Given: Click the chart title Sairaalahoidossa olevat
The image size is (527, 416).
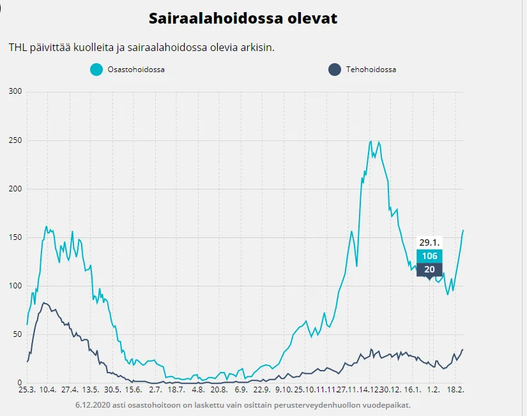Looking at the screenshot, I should [243, 19].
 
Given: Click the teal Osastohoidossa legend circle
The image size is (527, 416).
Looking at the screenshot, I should [96, 70].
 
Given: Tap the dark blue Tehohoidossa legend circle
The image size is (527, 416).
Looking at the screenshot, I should [334, 70].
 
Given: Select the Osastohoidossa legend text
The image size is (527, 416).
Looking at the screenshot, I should [136, 70].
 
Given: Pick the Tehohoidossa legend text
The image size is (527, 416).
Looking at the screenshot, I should [371, 70].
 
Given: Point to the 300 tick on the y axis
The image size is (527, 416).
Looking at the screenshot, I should [15, 92].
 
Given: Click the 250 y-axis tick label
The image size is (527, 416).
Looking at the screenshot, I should [15, 140].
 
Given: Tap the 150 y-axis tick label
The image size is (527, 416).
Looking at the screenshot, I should [15, 237].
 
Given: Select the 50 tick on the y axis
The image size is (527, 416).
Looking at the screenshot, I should [17, 334].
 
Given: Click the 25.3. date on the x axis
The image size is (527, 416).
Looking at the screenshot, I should [26, 390].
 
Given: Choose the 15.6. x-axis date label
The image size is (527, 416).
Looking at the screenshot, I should [134, 390].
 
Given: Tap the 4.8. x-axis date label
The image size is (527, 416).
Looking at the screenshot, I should [198, 390].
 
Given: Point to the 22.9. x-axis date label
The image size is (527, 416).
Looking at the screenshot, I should [262, 390].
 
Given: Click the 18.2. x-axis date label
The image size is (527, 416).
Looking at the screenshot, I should [455, 390].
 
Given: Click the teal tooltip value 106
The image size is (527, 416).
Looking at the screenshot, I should [429, 256].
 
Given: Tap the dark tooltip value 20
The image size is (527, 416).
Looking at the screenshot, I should [429, 269].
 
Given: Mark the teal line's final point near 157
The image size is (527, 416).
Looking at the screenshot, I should [463, 230].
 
